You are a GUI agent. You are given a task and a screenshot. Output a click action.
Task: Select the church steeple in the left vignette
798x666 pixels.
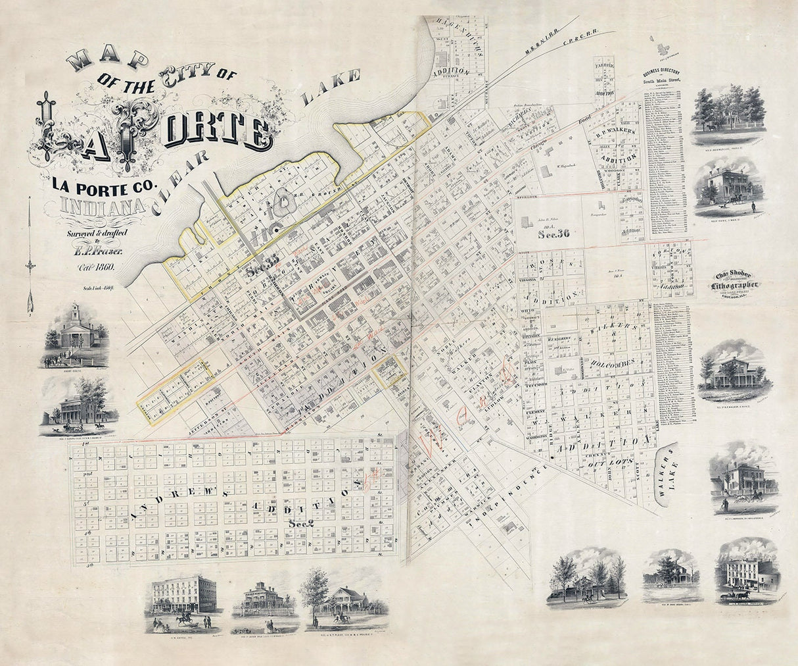pyautogui.click(x=75, y=315)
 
